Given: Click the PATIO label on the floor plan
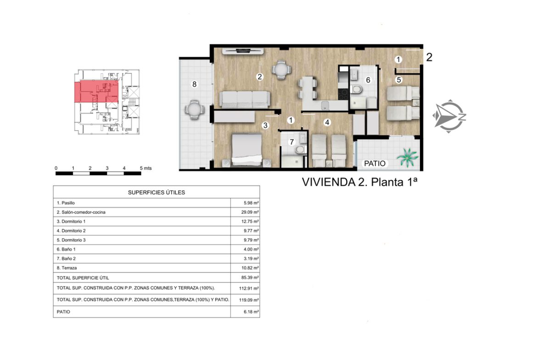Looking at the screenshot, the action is click(x=375, y=164).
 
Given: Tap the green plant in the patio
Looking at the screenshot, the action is click(x=408, y=157).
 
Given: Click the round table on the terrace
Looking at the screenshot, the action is click(x=194, y=110).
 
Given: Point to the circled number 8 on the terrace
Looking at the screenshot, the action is click(x=195, y=84).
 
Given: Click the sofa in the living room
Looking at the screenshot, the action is click(x=244, y=100).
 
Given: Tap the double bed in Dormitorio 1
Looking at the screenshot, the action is click(x=246, y=150).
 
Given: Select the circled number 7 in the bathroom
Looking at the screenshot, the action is click(x=292, y=142).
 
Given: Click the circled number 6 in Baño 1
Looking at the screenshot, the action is click(x=368, y=80).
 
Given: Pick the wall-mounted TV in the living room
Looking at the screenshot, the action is click(x=243, y=51).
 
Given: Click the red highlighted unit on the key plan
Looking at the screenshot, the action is click(x=96, y=92).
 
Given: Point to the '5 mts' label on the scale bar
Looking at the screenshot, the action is click(x=145, y=168).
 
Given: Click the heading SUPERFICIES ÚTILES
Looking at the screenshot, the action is click(x=157, y=193).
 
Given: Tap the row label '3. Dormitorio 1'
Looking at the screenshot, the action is click(x=71, y=222).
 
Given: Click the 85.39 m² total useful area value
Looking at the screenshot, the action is click(x=250, y=277).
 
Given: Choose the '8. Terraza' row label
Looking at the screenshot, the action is click(x=67, y=268).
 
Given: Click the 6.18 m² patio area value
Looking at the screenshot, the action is click(x=252, y=312).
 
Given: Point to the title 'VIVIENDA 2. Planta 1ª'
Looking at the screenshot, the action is click(x=359, y=182).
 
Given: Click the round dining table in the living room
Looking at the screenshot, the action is click(x=281, y=70).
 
